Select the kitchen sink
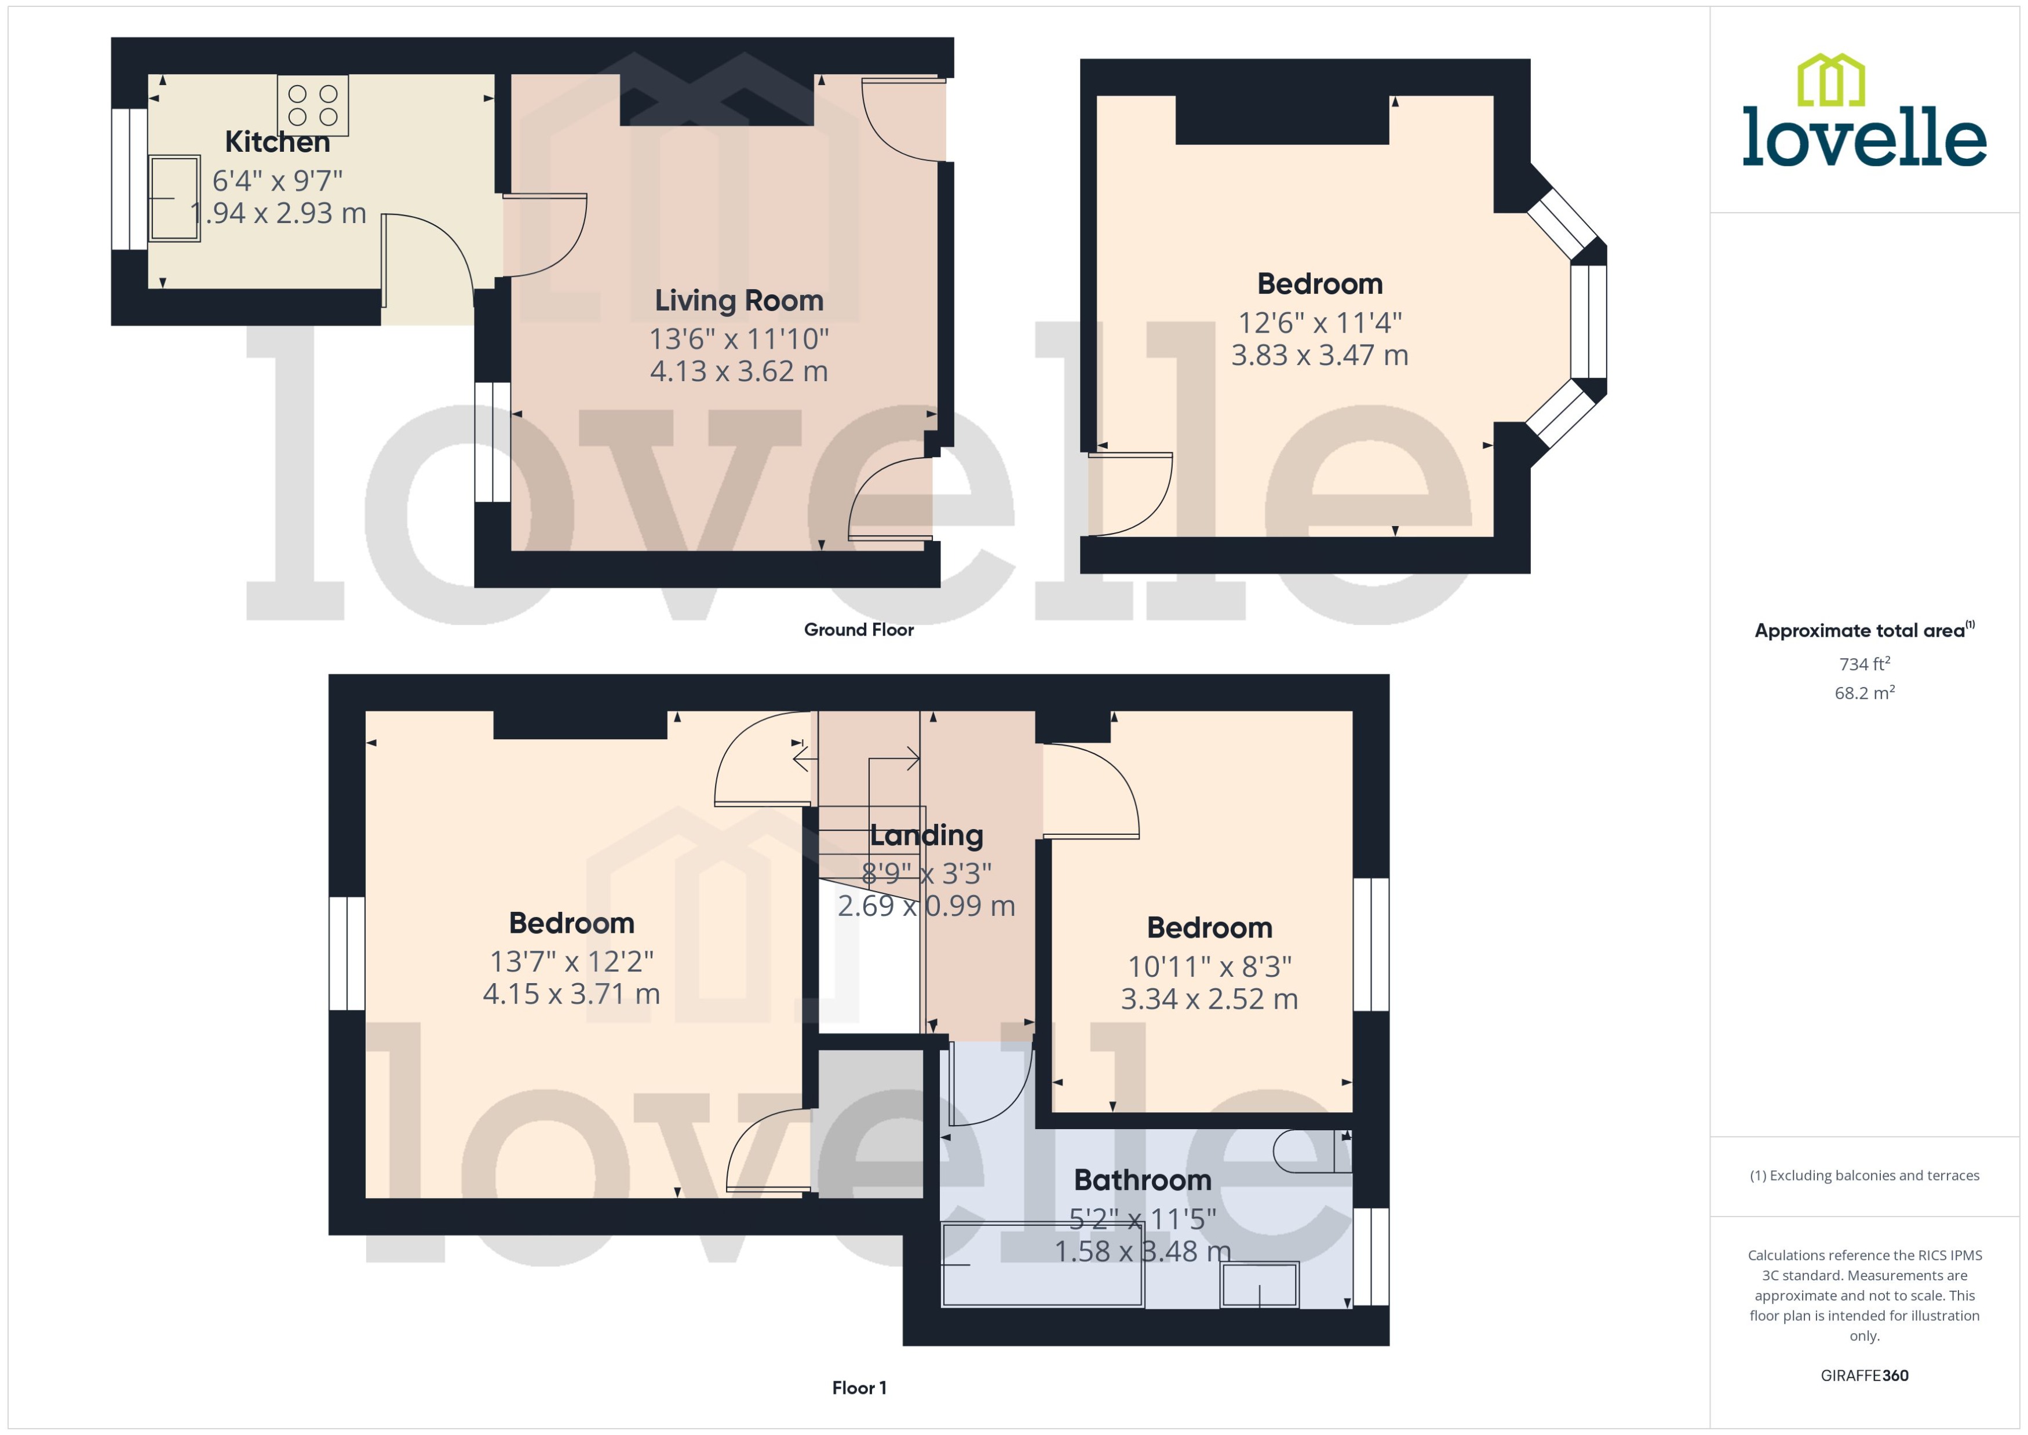click(174, 198)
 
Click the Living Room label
click(739, 301)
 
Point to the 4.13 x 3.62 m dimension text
click(739, 371)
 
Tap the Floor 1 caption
click(858, 1388)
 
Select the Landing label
click(926, 835)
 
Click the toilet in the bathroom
click(1312, 1151)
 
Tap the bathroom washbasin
click(1259, 1284)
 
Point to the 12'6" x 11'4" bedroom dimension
click(1319, 323)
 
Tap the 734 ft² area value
click(1863, 663)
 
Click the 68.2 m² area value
click(1863, 693)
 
